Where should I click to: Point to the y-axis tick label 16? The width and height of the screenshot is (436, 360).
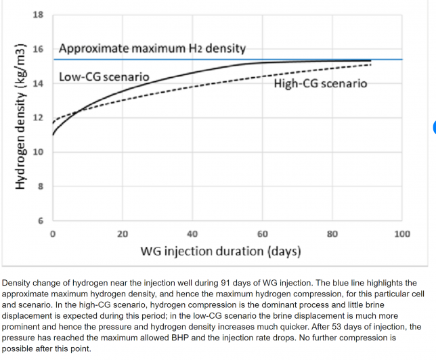click(x=38, y=49)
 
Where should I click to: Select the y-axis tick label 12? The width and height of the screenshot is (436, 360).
click(x=38, y=118)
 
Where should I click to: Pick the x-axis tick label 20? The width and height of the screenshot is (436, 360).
click(x=123, y=234)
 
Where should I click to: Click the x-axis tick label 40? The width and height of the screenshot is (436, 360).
click(x=192, y=234)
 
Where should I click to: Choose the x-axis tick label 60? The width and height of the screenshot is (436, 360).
click(x=263, y=234)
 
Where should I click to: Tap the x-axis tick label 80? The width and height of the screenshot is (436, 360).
click(x=332, y=234)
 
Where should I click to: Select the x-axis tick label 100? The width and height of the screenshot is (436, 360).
click(x=402, y=234)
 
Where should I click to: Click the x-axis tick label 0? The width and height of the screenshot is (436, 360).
click(x=53, y=234)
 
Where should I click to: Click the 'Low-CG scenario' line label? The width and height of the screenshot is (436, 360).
click(x=104, y=76)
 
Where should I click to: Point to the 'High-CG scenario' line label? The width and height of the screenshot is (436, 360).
click(x=320, y=84)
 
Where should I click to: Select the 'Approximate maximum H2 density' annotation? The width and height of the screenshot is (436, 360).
click(x=152, y=49)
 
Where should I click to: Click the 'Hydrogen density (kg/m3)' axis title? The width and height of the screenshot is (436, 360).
click(x=21, y=116)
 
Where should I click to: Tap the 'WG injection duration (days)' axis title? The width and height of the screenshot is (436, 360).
click(x=220, y=252)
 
